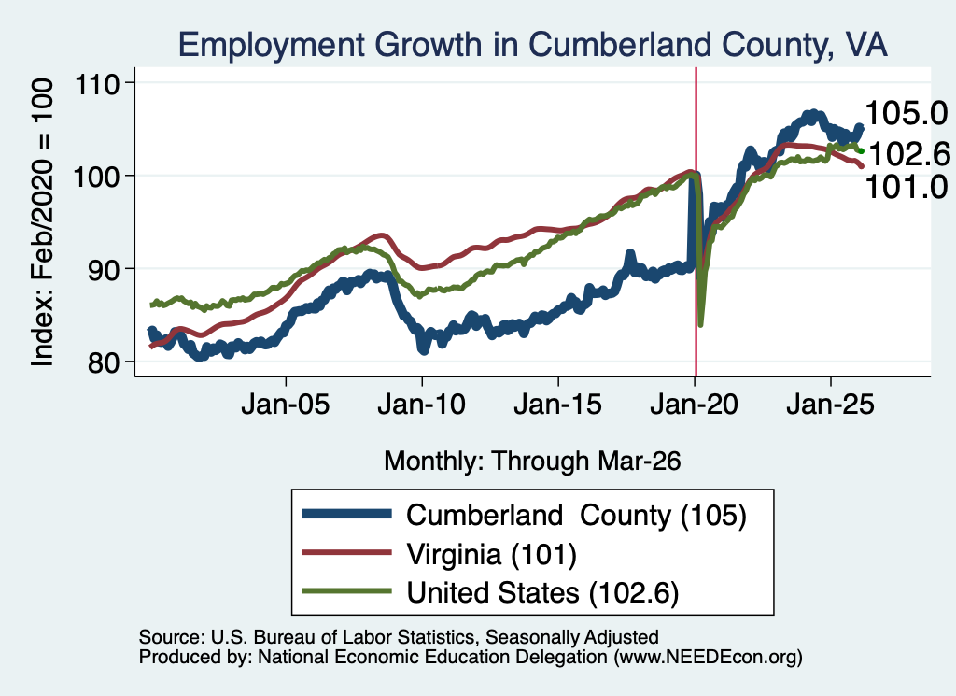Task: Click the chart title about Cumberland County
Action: (x=532, y=45)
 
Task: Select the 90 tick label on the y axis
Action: (x=104, y=269)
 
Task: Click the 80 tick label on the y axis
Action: (x=104, y=362)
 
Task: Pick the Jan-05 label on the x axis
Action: (x=286, y=405)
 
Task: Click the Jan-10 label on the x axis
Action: (x=421, y=405)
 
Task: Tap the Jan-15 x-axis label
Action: (x=558, y=405)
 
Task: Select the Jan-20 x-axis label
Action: (x=695, y=405)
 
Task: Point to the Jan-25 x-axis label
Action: (x=830, y=405)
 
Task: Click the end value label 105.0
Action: (x=906, y=113)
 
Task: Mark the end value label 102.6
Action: (x=908, y=153)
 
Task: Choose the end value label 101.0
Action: (x=906, y=187)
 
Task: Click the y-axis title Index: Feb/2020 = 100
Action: (x=42, y=222)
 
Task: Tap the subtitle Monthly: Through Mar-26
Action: (x=532, y=461)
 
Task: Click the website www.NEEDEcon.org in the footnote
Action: (x=708, y=657)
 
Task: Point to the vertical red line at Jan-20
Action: (x=696, y=221)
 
